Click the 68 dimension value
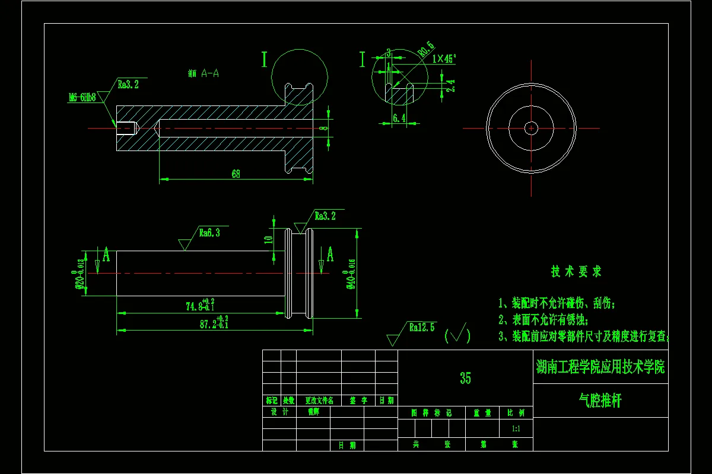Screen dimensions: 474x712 [x=236, y=174]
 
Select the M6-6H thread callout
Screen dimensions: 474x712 [x=82, y=98]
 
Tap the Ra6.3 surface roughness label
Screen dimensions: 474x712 [x=209, y=233]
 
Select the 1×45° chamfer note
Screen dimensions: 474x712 [x=444, y=59]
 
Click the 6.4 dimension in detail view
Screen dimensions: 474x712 [x=399, y=118]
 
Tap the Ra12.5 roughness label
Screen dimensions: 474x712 [x=422, y=327]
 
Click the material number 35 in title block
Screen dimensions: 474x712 [x=465, y=378]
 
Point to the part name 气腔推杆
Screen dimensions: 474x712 [x=600, y=401]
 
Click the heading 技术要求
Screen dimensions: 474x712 [x=576, y=271]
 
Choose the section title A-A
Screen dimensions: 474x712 [x=210, y=73]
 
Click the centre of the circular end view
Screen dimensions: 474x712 [x=531, y=127]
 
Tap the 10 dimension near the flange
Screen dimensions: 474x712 [x=268, y=239]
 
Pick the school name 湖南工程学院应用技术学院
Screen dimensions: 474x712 [x=600, y=367]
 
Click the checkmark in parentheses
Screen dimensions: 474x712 [x=457, y=335]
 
